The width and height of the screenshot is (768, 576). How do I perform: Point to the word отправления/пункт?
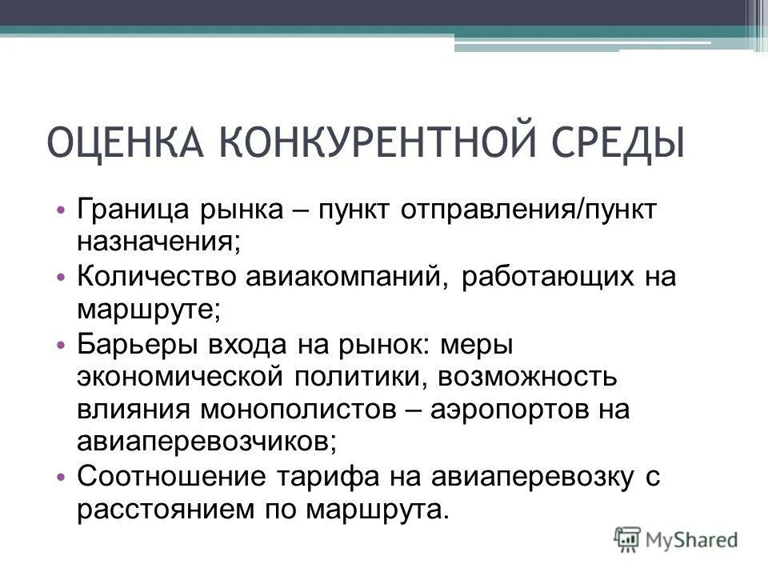pyautogui.click(x=530, y=210)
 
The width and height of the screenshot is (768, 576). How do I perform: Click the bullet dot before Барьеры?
pyautogui.click(x=65, y=345)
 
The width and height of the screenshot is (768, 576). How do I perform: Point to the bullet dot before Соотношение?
pyautogui.click(x=65, y=478)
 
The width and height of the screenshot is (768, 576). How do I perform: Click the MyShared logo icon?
pyautogui.click(x=628, y=538)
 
